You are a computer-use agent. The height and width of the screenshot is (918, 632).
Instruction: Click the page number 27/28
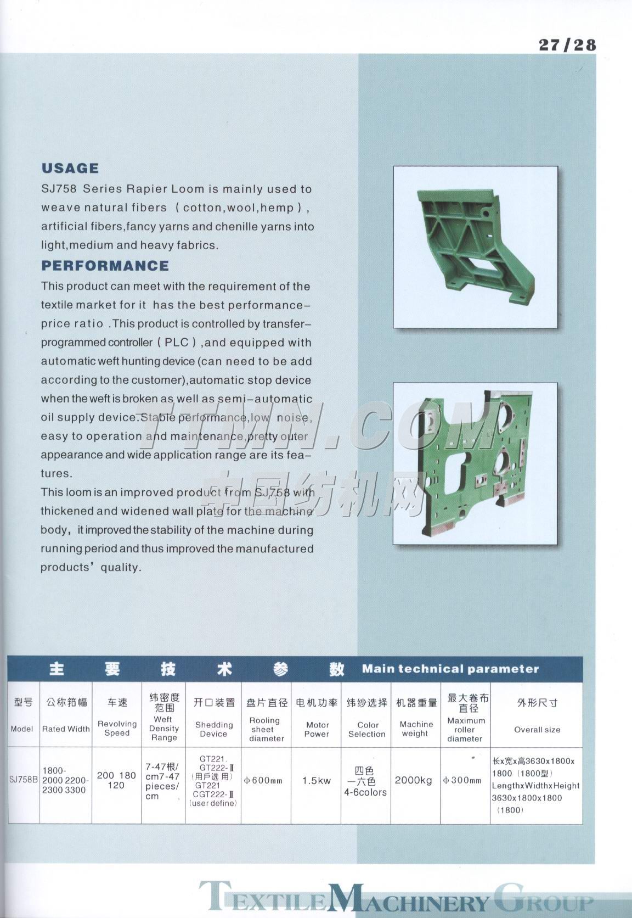pyautogui.click(x=567, y=44)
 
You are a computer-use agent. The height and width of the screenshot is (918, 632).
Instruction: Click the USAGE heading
pyautogui.click(x=70, y=168)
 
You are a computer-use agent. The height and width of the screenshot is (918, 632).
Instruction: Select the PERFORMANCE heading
pyautogui.click(x=105, y=266)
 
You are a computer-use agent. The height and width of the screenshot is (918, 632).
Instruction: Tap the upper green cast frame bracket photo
pyautogui.click(x=475, y=247)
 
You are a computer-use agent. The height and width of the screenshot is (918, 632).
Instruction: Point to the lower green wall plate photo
pyautogui.click(x=475, y=463)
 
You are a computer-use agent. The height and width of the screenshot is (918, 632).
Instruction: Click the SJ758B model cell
pyautogui.click(x=24, y=779)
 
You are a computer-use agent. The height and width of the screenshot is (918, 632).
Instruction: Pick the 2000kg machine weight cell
pyautogui.click(x=415, y=780)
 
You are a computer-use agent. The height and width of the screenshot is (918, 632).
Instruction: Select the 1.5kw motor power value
pyautogui.click(x=317, y=780)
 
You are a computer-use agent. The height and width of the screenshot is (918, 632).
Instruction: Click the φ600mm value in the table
pyautogui.click(x=263, y=780)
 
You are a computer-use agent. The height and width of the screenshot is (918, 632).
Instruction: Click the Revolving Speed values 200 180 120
pyautogui.click(x=116, y=780)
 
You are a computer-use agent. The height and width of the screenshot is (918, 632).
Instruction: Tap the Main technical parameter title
pyautogui.click(x=450, y=669)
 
